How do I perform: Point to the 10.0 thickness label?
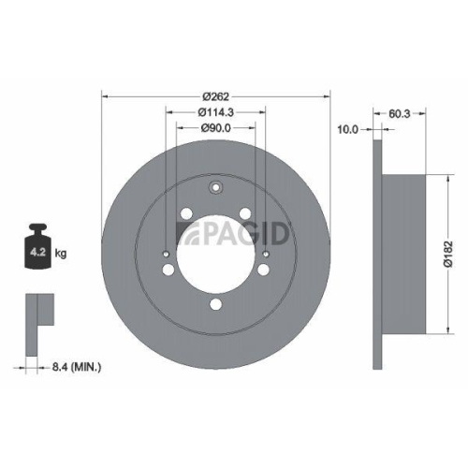click(348, 130)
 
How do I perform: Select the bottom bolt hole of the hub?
click(215, 303)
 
